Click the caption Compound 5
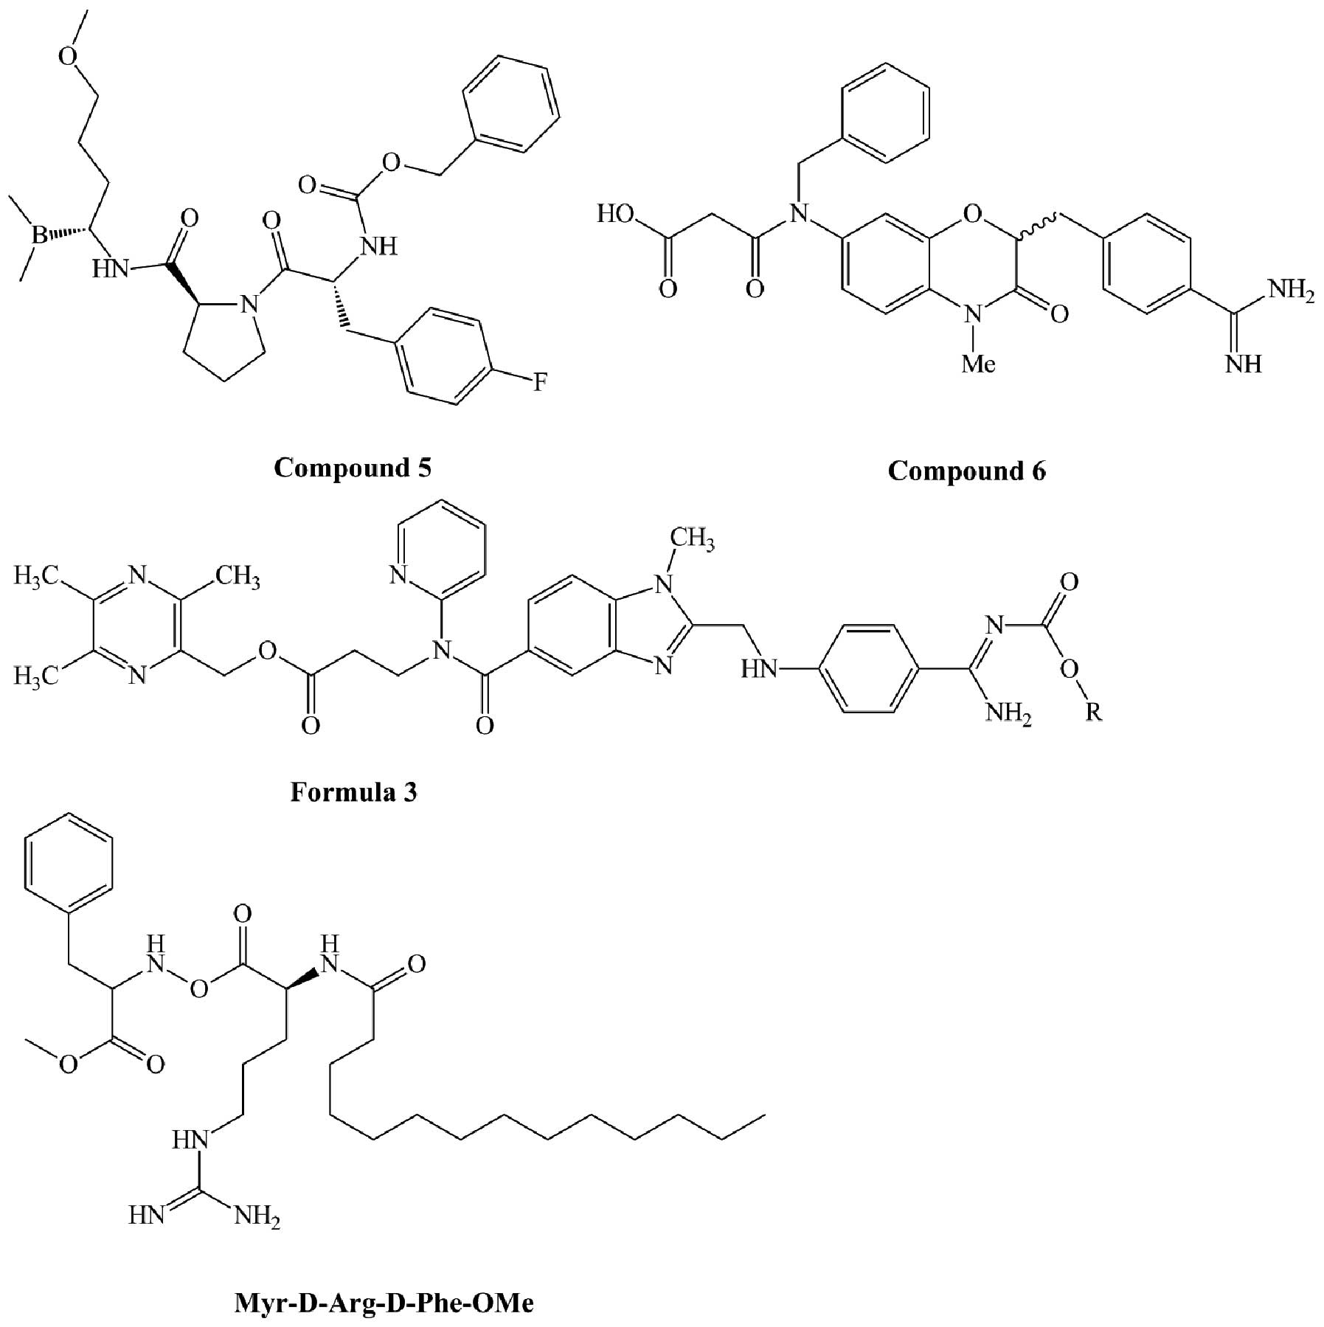pos(353,468)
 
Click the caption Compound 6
pos(966,471)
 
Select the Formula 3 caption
pos(353,792)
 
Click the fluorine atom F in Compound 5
pos(540,382)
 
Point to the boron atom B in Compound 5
pos(38,235)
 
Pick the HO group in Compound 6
pos(615,215)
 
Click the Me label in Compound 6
pos(978,364)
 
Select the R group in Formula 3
pos(1093,712)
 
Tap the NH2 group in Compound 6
pos(1290,290)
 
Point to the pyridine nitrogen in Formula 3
pos(399,575)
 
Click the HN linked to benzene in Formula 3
pos(760,670)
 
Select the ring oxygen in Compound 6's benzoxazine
pos(972,215)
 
